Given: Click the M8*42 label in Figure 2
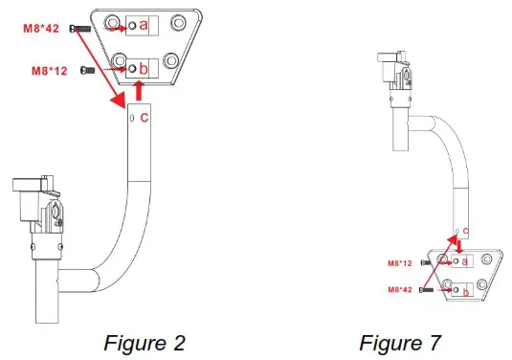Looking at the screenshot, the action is [41, 29].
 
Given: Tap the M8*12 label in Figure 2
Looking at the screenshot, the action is [50, 71].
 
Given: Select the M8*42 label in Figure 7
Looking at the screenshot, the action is [400, 290].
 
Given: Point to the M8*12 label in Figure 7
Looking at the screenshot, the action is [400, 263].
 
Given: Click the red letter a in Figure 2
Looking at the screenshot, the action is [144, 25].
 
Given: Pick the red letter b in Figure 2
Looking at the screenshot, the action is [143, 69].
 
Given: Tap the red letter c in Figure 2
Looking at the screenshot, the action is [145, 118].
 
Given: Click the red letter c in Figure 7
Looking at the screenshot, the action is [466, 232].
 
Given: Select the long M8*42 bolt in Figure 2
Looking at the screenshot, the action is [80, 29].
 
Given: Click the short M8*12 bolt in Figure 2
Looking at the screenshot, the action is [88, 70].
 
